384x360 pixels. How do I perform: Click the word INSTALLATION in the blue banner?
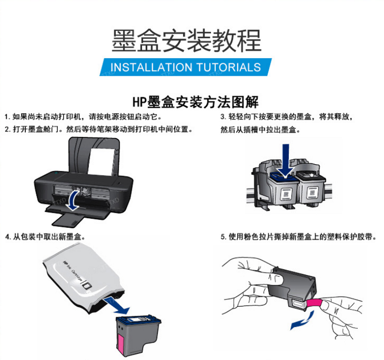(151, 68)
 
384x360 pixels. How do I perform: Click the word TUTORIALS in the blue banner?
(229, 68)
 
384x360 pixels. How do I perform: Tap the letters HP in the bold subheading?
(140, 103)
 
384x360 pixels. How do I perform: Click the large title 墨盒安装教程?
(187, 41)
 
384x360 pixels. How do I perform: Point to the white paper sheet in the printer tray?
(101, 161)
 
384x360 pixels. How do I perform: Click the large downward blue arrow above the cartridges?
(285, 160)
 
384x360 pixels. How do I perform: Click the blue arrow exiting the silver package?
(117, 306)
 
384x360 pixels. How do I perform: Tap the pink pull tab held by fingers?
(314, 303)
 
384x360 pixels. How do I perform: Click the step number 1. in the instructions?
(7, 117)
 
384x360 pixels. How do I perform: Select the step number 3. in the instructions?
(223, 117)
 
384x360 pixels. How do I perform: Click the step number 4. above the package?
(8, 237)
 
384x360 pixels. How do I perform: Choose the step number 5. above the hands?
(223, 237)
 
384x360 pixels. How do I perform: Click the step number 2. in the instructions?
(7, 129)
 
